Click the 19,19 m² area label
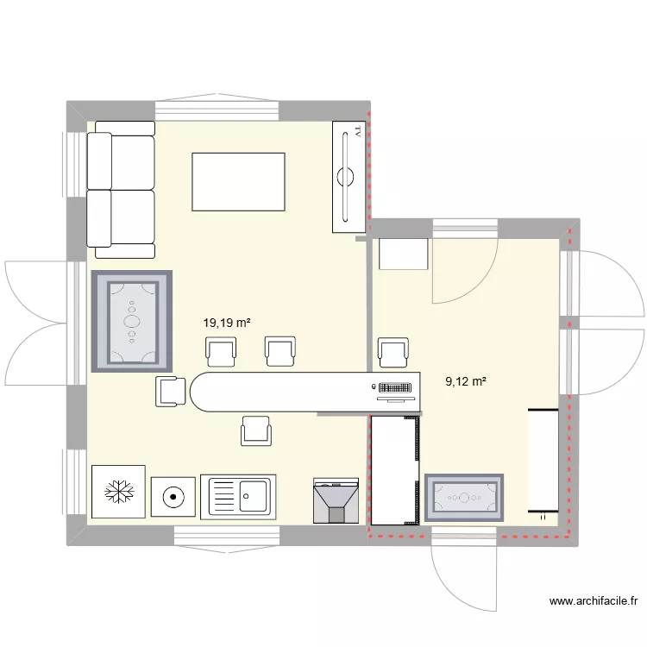[226, 323]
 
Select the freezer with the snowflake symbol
[118, 493]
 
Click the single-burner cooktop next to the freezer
[173, 497]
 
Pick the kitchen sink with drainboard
[237, 497]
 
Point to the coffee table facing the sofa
[238, 181]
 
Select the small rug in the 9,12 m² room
[464, 498]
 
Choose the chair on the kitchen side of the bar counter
[256, 429]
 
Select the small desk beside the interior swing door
[404, 254]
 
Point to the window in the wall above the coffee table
[217, 110]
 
